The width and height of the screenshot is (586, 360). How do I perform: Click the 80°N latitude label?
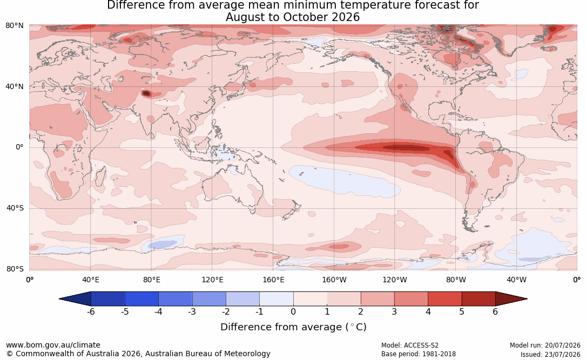[14, 26]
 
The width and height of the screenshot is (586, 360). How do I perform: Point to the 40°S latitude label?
[15, 208]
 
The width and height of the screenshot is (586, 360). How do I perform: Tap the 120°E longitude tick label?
[212, 280]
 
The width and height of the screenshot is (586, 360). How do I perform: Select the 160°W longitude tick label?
[334, 280]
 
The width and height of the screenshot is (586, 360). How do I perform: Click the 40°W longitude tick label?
[516, 280]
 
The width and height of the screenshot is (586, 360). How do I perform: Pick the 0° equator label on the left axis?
[19, 147]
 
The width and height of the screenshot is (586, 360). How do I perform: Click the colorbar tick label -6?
[91, 311]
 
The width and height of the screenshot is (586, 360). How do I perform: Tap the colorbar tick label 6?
[495, 311]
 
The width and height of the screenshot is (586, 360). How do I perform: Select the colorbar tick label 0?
[293, 311]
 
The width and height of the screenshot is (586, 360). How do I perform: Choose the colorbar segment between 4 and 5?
[444, 299]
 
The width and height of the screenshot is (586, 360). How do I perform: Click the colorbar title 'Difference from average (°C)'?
[293, 327]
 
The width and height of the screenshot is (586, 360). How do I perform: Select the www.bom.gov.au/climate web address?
[53, 345]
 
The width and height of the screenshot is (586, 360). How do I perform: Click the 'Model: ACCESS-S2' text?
[410, 345]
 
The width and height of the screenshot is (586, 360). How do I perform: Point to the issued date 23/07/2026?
[560, 354]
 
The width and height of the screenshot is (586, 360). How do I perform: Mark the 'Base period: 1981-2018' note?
[419, 354]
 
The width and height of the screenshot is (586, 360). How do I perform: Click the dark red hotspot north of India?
[146, 93]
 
